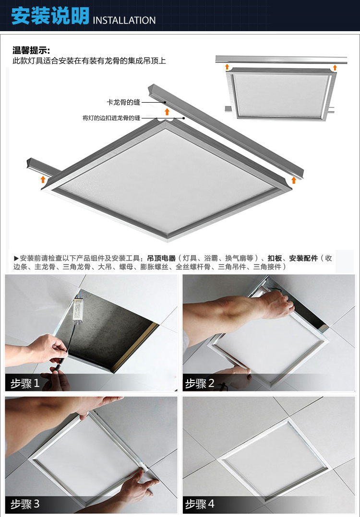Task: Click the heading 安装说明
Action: pos(50,16)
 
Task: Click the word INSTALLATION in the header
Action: pos(124,20)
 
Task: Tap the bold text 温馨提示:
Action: pos(31,50)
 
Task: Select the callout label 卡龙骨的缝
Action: pos(123,102)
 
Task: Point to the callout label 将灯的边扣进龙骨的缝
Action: pos(111,117)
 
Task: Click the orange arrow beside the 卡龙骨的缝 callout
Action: pos(167,112)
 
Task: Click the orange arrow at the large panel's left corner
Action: pos(43,179)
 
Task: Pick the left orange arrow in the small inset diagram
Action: pos(227,67)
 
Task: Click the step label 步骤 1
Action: pos(25,384)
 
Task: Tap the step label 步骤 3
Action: pos(25,504)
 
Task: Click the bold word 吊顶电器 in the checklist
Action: pos(161,258)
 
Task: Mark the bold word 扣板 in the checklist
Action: pos(275,258)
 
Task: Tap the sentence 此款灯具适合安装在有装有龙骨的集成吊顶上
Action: pos(89,61)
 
